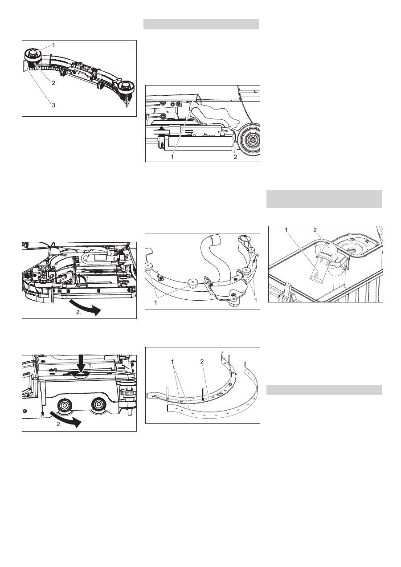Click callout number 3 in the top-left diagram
(x=53, y=105)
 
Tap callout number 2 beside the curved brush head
(x=53, y=83)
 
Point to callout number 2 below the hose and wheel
(x=235, y=157)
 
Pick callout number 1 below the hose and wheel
(x=172, y=157)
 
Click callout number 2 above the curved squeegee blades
(x=202, y=362)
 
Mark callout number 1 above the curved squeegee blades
(x=172, y=362)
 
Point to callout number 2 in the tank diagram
(x=315, y=230)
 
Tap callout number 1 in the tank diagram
(x=286, y=230)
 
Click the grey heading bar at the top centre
(x=201, y=24)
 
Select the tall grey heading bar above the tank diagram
(x=324, y=199)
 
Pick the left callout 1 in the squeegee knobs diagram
(x=155, y=302)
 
